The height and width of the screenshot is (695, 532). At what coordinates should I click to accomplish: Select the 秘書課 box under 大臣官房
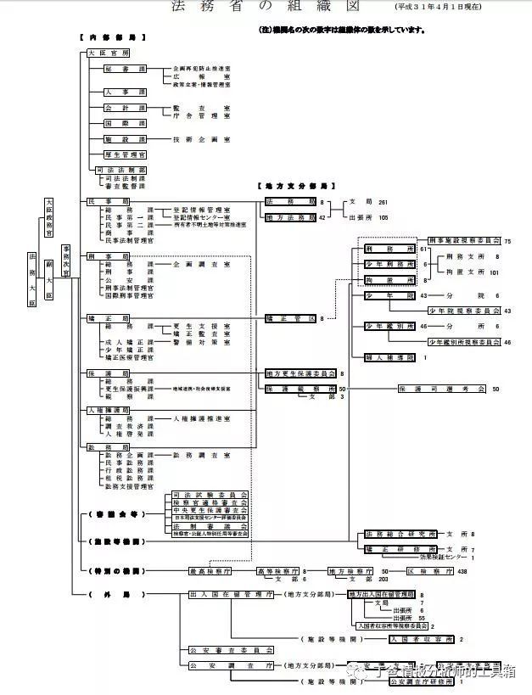coord(126,68)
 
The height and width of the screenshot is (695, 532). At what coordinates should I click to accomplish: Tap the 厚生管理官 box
coord(126,154)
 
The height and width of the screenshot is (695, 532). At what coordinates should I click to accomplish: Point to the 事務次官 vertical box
coord(66,260)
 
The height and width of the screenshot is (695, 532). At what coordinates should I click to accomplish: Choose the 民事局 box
coord(103,201)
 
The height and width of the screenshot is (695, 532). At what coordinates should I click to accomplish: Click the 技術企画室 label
coord(201,139)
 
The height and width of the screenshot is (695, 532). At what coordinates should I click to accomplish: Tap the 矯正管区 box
coord(289,318)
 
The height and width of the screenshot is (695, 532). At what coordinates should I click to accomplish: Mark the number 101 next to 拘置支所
coord(494,272)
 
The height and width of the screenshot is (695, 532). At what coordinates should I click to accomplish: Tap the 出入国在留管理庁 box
coord(230,595)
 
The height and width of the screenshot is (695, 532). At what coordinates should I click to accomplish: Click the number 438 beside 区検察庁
coord(462,571)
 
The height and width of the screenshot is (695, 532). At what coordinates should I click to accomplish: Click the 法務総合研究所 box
coord(400,535)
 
